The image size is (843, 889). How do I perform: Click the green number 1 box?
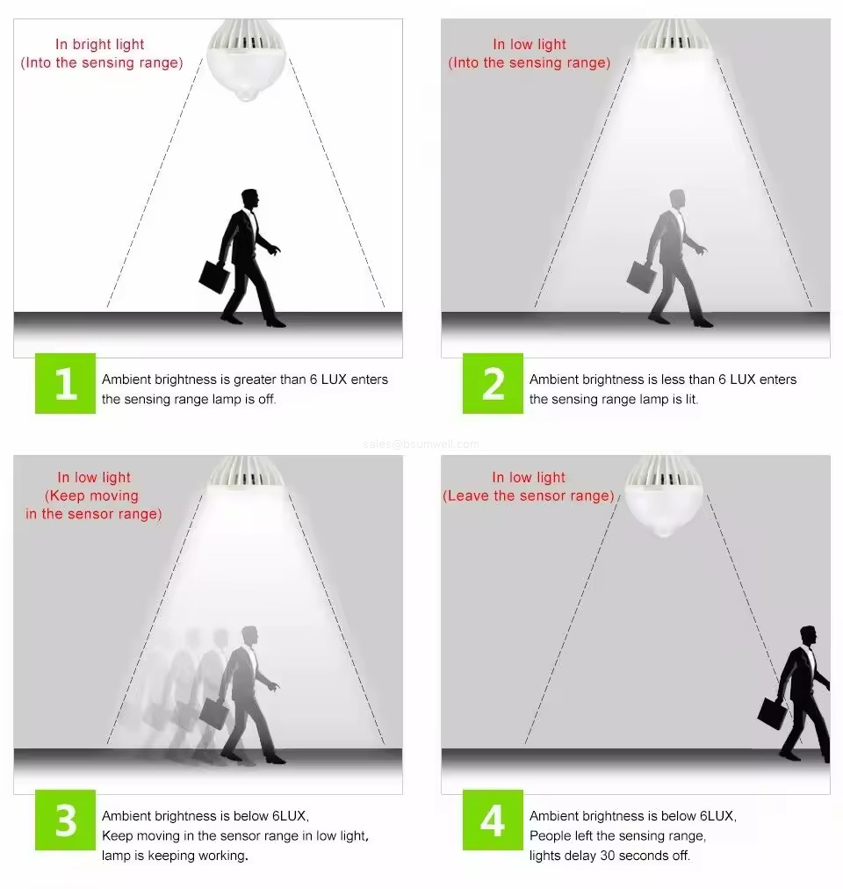click(65, 383)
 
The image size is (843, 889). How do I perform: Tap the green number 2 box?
click(493, 383)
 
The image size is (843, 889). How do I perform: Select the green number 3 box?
click(65, 820)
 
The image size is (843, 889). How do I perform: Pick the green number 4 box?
click(493, 820)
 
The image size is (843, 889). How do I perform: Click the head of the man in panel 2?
click(677, 200)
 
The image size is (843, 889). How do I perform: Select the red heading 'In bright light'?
click(100, 44)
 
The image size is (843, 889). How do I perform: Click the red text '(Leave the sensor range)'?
click(529, 496)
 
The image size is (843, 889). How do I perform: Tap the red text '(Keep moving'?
click(92, 496)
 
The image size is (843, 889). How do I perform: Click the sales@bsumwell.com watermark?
click(421, 444)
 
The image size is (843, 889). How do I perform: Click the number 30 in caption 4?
click(608, 856)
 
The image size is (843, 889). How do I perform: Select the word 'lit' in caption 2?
click(691, 399)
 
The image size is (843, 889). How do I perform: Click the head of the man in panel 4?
click(809, 637)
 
